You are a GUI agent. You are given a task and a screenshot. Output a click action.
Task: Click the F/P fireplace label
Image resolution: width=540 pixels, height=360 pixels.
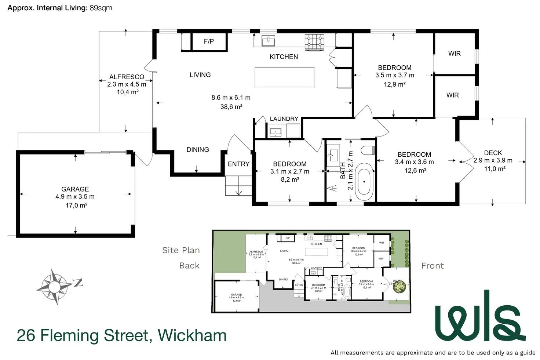(x=209, y=41)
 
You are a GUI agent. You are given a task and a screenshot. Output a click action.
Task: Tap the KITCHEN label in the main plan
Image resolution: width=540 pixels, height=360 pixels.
(x=284, y=57)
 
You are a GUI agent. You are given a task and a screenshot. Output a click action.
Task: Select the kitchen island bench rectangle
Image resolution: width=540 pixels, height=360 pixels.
(x=284, y=77)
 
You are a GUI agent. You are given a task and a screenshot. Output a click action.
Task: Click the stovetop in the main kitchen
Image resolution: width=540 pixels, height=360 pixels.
(x=315, y=42)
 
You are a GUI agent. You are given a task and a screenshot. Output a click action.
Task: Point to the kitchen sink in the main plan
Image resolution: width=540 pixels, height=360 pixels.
(x=268, y=41)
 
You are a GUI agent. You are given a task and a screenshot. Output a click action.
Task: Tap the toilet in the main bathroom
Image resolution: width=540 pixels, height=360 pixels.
(x=368, y=150)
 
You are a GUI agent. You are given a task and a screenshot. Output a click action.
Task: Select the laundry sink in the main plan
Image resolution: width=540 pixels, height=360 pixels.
(x=275, y=132)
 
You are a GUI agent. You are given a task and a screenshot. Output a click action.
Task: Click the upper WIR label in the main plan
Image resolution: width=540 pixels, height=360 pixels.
(x=454, y=54)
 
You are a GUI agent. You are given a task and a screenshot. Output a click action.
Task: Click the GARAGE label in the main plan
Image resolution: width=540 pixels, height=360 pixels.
(x=75, y=189)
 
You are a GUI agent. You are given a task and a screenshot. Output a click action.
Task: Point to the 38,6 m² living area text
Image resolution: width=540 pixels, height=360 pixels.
(x=231, y=107)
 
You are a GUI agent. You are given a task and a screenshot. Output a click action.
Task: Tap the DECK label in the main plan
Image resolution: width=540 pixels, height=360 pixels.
(x=493, y=153)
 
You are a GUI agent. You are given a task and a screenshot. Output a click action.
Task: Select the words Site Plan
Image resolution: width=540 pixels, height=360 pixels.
(x=181, y=250)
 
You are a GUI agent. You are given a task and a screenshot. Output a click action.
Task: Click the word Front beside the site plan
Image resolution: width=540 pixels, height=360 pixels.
(x=433, y=266)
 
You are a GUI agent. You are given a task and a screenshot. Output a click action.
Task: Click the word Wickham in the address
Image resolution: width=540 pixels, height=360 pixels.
(x=192, y=335)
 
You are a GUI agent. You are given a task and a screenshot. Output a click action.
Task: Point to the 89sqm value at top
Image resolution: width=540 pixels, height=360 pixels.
(x=101, y=8)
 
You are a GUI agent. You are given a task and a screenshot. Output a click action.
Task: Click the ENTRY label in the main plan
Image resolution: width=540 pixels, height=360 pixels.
(x=238, y=164)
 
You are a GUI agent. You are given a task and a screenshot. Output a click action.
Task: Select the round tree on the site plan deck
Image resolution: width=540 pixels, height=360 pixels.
(x=399, y=286)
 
